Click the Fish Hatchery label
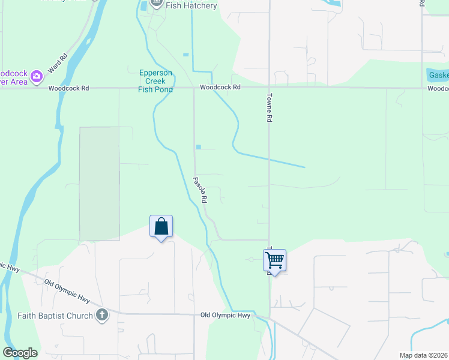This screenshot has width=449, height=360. click(x=190, y=5)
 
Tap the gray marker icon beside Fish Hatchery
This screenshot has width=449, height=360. click(x=157, y=3)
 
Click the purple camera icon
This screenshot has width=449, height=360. click(x=37, y=76)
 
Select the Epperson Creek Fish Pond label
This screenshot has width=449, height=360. click(x=155, y=81)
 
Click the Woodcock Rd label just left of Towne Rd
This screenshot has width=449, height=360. click(x=220, y=88)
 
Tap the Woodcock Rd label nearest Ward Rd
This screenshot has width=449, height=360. click(x=69, y=88)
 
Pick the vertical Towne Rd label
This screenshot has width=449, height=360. click(x=270, y=108)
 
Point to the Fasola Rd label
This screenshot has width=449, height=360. click(x=200, y=188)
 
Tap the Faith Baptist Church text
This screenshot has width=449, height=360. click(x=55, y=316)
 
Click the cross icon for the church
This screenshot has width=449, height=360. click(x=102, y=315)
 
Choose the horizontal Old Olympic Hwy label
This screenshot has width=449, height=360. click(x=225, y=315)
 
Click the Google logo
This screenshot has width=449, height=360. click(x=20, y=353)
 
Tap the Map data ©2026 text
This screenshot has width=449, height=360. click(x=423, y=355)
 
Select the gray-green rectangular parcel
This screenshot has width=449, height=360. click(x=99, y=184)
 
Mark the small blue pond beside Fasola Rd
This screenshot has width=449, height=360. click(x=198, y=147)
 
